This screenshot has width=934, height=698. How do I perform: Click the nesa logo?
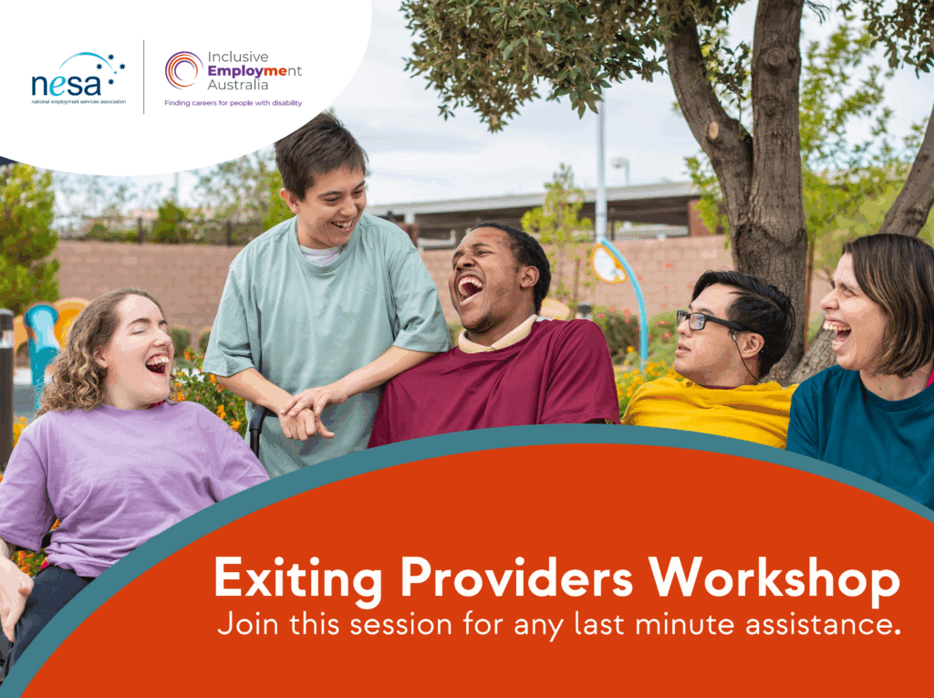pos(78,78)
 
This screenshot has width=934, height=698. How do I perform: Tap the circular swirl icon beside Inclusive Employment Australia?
pos(183,69)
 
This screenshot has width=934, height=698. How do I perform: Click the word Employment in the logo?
pos(254,71)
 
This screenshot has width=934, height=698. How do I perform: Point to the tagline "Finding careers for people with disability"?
pos(233,103)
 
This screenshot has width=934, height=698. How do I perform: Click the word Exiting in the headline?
pos(298,577)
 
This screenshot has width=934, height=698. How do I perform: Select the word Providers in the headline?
pos(516,577)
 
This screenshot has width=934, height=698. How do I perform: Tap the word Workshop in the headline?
pos(774,577)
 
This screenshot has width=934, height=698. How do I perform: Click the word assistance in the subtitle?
pos(823,625)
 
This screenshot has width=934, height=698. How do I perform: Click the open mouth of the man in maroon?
pos(470,287)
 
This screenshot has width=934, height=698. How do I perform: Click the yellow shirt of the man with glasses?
pos(709,412)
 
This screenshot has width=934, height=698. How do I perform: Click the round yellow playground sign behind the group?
pos(607,264)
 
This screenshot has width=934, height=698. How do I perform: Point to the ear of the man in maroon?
pos(528,277)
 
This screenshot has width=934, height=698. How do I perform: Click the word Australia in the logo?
pos(238,85)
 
